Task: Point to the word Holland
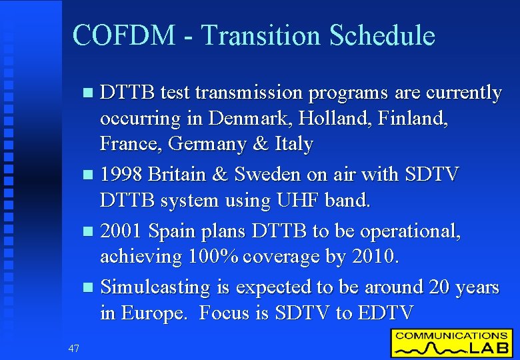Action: (337, 119)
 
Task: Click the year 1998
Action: (121, 175)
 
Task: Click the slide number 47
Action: (73, 347)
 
